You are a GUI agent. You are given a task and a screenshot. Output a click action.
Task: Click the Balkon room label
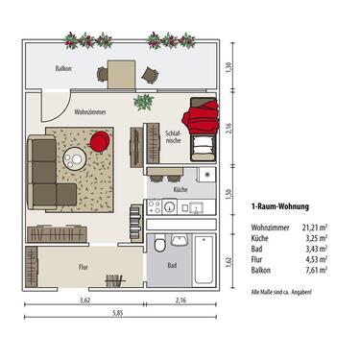point(63,69)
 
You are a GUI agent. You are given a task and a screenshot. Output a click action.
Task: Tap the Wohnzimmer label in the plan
point(63,111)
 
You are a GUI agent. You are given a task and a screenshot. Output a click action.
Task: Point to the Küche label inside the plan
point(180,190)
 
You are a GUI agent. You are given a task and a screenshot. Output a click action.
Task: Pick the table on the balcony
point(122,72)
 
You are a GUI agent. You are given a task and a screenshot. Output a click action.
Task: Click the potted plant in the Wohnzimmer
point(143,102)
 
